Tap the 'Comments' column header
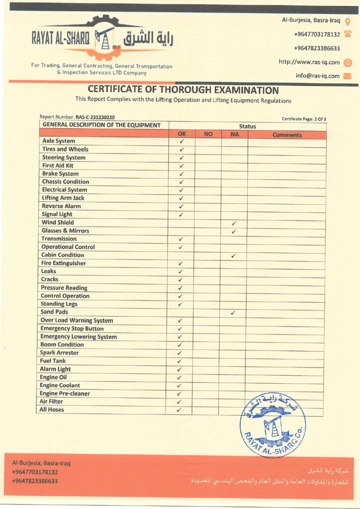[287, 135]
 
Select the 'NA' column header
[234, 135]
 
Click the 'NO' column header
[208, 135]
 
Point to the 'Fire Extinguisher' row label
[63, 263]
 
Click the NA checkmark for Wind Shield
[234, 223]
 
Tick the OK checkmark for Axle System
[181, 141]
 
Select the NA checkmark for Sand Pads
[233, 313]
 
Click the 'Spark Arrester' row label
[59, 352]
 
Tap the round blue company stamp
[272, 424]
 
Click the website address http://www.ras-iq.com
[309, 62]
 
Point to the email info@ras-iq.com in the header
[318, 76]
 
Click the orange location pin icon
[348, 21]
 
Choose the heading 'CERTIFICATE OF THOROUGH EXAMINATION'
[183, 90]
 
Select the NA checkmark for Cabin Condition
[233, 255]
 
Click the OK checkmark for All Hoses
[179, 410]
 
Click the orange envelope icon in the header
[348, 76]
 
